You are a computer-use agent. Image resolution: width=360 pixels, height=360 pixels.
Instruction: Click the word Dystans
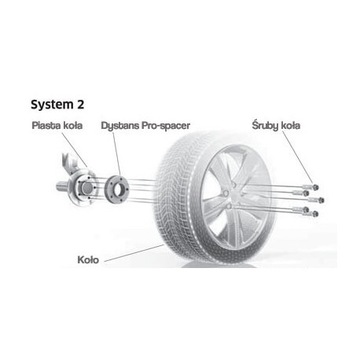click(120, 128)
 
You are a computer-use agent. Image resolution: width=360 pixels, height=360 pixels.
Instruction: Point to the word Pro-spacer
click(163, 128)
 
